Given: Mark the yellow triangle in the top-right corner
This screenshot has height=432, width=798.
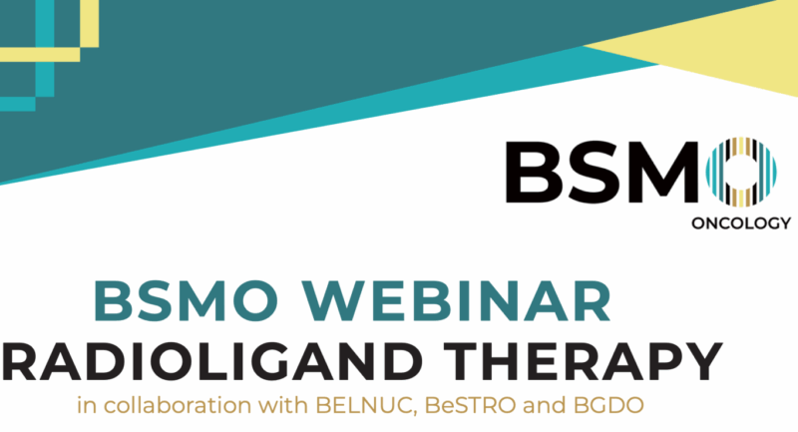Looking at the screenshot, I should [x=718, y=50].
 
